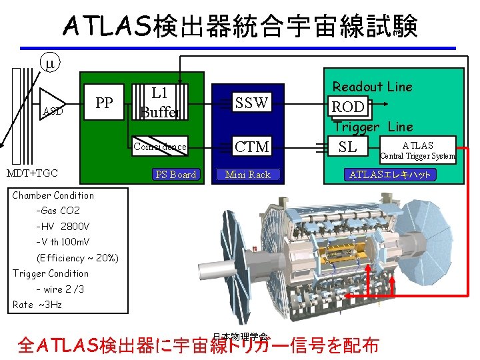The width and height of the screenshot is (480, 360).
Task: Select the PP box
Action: (104, 103)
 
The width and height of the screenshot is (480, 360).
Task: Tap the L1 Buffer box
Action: (160, 103)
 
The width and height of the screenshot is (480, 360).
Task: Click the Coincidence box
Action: (160, 147)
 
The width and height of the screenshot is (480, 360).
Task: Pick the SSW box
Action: (251, 103)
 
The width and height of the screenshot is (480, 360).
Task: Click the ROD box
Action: (348, 107)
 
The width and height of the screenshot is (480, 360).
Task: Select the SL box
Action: (348, 147)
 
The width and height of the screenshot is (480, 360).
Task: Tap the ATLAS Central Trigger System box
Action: (417, 150)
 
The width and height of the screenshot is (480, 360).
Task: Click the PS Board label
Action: (175, 175)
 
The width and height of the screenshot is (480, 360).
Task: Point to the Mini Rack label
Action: (247, 175)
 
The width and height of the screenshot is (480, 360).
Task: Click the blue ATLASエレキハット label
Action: (391, 175)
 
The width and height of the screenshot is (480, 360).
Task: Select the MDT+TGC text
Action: (33, 173)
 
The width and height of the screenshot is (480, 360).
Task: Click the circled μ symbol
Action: (50, 64)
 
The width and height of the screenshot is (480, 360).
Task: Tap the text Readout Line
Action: (372, 87)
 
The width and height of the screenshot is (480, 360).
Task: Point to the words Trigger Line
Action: (373, 127)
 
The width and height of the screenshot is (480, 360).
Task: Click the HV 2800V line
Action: (63, 227)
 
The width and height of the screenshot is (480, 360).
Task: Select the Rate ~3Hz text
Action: (37, 305)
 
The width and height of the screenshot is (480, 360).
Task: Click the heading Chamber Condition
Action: (53, 195)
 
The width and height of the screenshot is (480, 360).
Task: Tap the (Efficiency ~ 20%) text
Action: (77, 258)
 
